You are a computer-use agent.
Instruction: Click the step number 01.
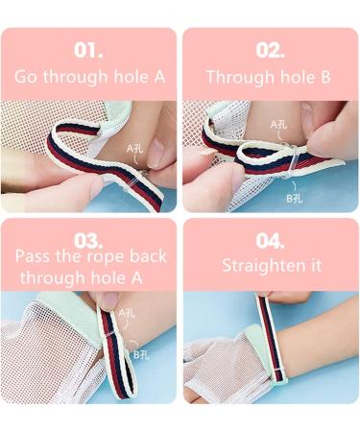point(88,51)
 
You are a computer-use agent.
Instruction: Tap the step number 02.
point(270,51)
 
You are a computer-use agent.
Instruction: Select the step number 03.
point(88,241)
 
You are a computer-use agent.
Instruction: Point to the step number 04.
point(270,241)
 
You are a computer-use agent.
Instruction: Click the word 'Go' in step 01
point(25,77)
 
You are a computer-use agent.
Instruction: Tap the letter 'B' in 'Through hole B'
point(325,77)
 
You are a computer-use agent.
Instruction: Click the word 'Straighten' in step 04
point(264,266)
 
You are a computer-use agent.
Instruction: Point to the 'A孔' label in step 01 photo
point(134,149)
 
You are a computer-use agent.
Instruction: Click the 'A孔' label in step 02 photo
point(278,125)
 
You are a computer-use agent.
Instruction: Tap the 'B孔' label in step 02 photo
point(294,199)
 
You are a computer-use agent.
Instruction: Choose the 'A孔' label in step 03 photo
point(127,313)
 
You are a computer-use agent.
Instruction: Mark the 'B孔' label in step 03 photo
point(141,354)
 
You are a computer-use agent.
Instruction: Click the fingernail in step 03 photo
point(109,299)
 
